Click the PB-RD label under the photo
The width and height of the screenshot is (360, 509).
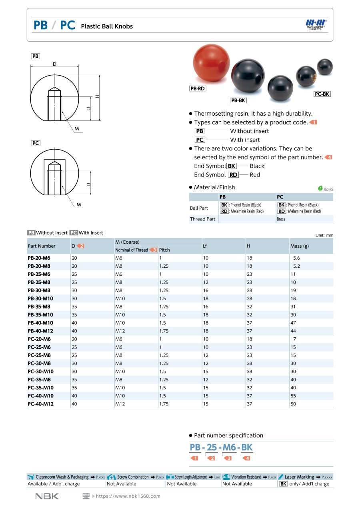click(198, 88)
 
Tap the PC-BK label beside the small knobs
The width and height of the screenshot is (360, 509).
click(322, 94)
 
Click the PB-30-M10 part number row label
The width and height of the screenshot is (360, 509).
click(40, 299)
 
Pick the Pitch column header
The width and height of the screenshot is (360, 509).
click(164, 250)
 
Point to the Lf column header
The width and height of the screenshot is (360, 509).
click(205, 246)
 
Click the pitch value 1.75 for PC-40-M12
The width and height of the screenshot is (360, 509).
click(164, 404)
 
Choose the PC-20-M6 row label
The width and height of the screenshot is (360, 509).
click(39, 339)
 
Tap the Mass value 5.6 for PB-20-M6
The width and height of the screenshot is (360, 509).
click(296, 258)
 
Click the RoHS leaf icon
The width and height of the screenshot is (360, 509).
click(320, 188)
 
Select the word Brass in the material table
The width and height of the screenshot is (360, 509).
click(281, 219)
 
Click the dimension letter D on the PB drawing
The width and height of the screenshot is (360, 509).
click(54, 64)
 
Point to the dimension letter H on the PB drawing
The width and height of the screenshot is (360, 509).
click(97, 96)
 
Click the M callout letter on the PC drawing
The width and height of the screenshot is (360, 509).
click(79, 204)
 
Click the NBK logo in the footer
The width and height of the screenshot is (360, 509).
click(47, 496)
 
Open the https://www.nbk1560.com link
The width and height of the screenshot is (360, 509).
click(128, 496)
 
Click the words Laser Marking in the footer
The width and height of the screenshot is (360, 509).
click(299, 477)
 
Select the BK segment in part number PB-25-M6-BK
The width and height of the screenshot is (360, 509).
click(246, 447)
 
